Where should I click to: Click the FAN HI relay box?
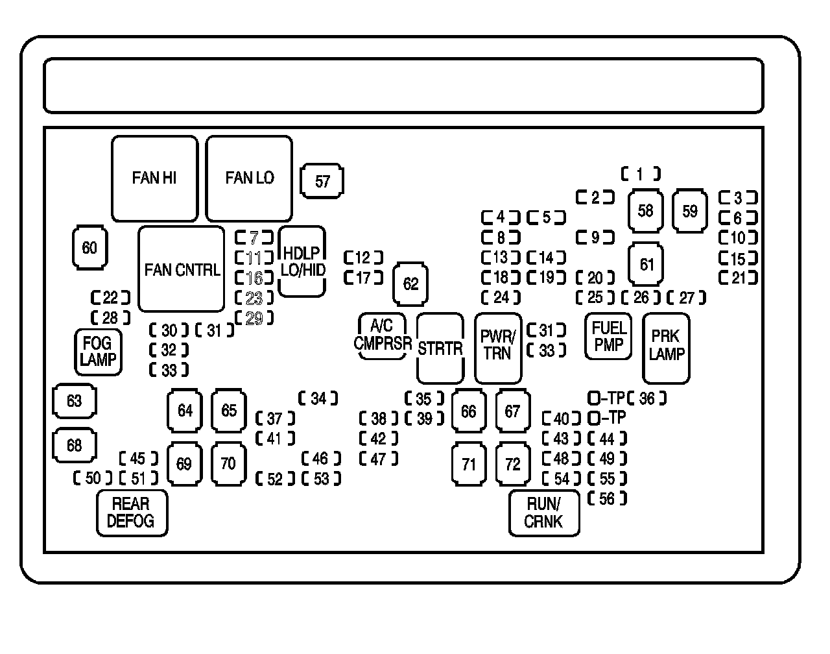click(154, 178)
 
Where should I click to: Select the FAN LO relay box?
click(249, 178)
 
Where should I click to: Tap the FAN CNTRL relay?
click(182, 269)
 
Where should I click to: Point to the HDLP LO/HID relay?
click(302, 261)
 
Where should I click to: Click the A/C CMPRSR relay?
click(383, 336)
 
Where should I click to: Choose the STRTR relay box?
click(440, 348)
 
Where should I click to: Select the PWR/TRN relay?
click(498, 348)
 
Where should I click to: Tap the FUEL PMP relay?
click(608, 336)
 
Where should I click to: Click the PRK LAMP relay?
click(666, 348)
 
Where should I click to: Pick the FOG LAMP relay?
click(98, 352)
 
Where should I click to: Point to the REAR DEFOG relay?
click(132, 513)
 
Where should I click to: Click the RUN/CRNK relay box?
click(544, 513)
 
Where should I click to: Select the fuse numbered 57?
click(322, 181)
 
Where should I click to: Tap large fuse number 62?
click(410, 284)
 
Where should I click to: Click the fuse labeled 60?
click(89, 248)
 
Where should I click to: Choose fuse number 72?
click(512, 464)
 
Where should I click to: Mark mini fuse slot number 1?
click(640, 174)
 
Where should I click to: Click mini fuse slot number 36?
click(646, 398)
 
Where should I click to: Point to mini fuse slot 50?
click(93, 479)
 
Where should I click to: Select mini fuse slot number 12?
click(363, 258)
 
